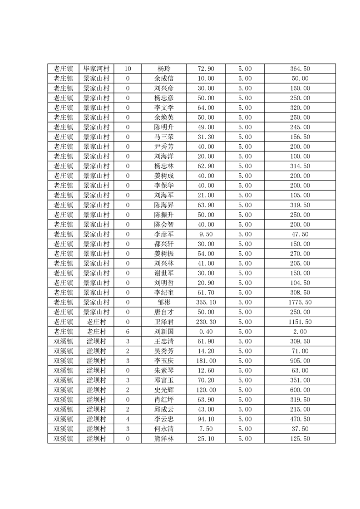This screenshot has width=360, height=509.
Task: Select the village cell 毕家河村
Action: click(96, 69)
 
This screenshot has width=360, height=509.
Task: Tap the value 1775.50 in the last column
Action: click(300, 302)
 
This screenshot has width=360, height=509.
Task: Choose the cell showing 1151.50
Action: click(300, 322)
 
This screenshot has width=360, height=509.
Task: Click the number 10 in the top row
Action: click(128, 69)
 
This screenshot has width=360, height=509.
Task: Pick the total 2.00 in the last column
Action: click(300, 331)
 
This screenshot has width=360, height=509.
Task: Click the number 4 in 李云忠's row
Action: click(128, 419)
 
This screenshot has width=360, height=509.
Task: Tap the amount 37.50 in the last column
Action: click(300, 429)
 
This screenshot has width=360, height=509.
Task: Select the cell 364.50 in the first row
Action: click(300, 69)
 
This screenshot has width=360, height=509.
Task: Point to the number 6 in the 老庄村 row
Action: click(128, 331)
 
